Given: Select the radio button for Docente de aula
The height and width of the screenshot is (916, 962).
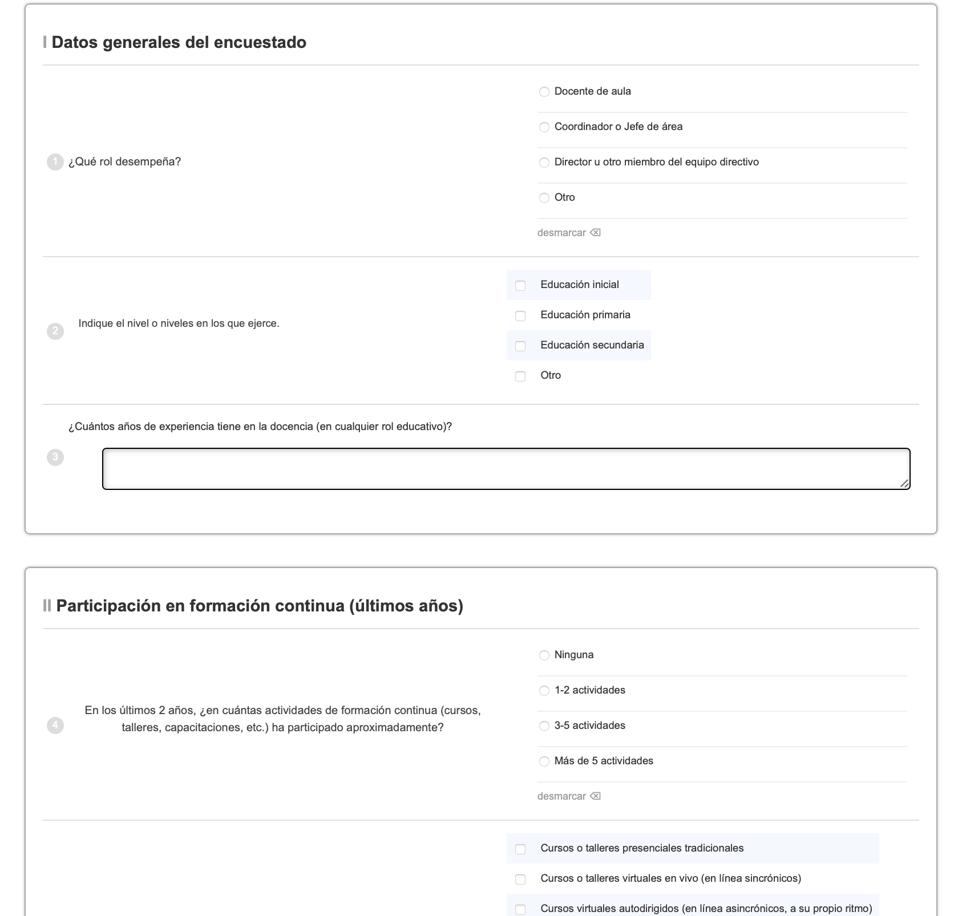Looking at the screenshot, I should pos(544,92).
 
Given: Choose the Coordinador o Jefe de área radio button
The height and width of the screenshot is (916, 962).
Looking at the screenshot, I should pos(544,127).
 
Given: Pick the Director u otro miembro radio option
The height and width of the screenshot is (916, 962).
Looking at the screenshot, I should pos(544,163).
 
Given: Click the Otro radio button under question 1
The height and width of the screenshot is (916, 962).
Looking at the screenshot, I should pos(544,198).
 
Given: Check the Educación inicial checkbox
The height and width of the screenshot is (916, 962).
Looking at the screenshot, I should pos(520,285).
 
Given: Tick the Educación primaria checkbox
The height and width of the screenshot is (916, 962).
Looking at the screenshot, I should pos(520,315).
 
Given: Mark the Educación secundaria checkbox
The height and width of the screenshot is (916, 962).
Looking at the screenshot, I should pos(520,346).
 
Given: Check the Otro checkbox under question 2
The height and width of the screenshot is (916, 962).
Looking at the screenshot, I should pos(520,376).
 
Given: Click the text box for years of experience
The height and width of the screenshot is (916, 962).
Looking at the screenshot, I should pos(506,469).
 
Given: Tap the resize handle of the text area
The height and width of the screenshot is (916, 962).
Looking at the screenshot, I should pos(904,484).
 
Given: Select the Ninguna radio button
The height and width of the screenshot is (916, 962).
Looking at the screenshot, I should pos(544,655).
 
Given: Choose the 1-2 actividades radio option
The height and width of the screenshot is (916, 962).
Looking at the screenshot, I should pos(544,691).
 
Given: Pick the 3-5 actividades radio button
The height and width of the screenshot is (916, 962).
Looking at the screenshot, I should pos(544,726).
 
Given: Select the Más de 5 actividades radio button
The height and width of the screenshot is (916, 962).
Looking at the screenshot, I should pos(544,761).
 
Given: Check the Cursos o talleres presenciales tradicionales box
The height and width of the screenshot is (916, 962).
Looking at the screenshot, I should pos(520,849).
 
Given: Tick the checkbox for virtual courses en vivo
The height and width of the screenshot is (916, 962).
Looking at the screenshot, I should pos(520,879).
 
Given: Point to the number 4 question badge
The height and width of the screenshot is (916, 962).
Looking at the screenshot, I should pos(55,725).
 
